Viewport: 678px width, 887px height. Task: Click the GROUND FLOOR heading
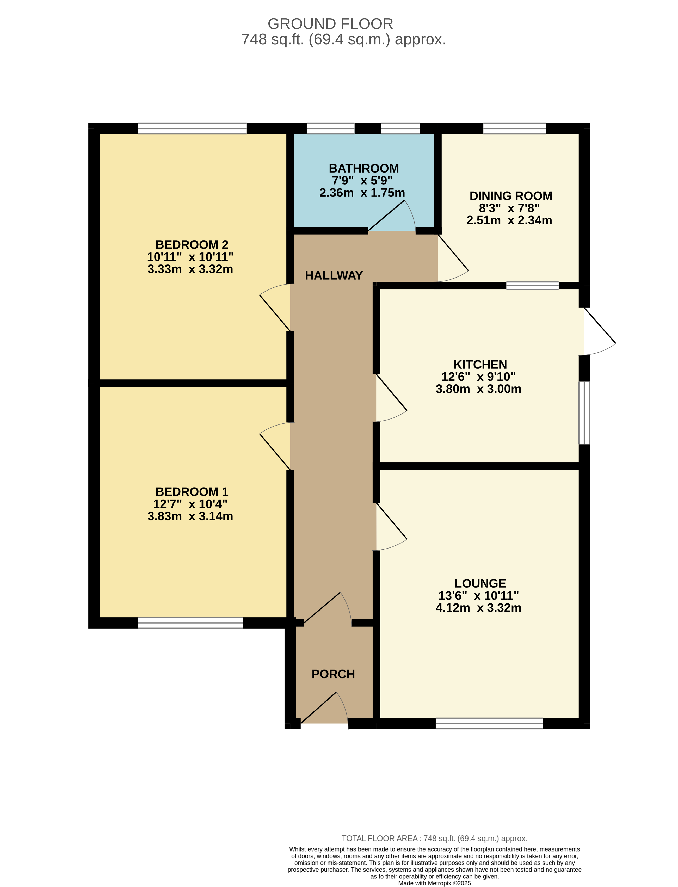click(x=330, y=24)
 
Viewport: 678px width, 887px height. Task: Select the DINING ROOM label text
click(x=511, y=196)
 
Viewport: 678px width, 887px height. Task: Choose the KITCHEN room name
click(x=480, y=364)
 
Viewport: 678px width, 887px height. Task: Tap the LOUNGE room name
click(x=480, y=583)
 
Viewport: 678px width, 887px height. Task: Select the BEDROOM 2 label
click(x=192, y=245)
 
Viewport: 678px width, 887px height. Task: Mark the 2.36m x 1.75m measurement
click(x=362, y=193)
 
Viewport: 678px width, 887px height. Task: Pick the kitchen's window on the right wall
click(x=584, y=413)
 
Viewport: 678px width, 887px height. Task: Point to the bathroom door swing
click(x=391, y=216)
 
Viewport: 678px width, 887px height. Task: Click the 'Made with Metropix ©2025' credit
click(x=435, y=883)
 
